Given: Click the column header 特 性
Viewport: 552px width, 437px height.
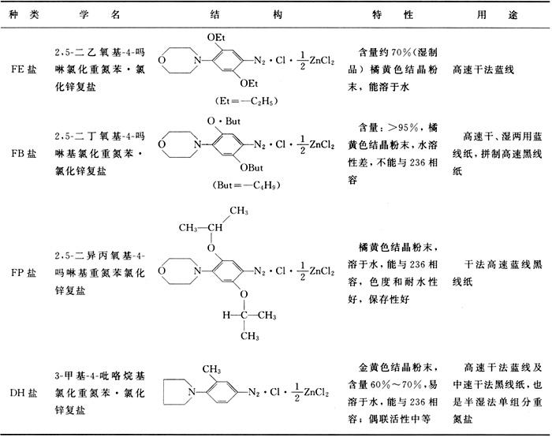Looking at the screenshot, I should tap(386, 16).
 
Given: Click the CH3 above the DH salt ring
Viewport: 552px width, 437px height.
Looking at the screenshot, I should tap(210, 367).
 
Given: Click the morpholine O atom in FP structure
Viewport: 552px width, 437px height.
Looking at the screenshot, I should tap(162, 271).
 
